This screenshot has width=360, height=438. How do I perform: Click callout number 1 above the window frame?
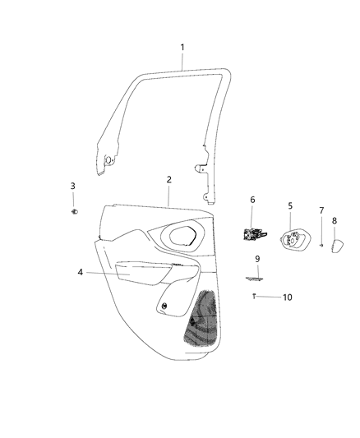[x=183, y=48]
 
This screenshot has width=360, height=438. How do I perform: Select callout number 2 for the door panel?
[x=168, y=179]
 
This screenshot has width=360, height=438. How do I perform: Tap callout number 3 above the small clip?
[x=72, y=187]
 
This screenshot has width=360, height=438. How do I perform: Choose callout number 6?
[x=252, y=199]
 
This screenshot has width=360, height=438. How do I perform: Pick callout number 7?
[x=321, y=210]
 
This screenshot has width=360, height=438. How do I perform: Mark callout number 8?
[x=335, y=221]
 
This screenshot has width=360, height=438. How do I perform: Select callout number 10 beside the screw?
[x=287, y=297]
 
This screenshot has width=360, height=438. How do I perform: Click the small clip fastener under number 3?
[x=73, y=212]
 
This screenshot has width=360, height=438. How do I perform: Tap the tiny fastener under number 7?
[x=321, y=244]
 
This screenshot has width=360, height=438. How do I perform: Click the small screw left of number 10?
[x=256, y=296]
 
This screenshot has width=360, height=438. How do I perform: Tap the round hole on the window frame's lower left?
[x=108, y=158]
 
